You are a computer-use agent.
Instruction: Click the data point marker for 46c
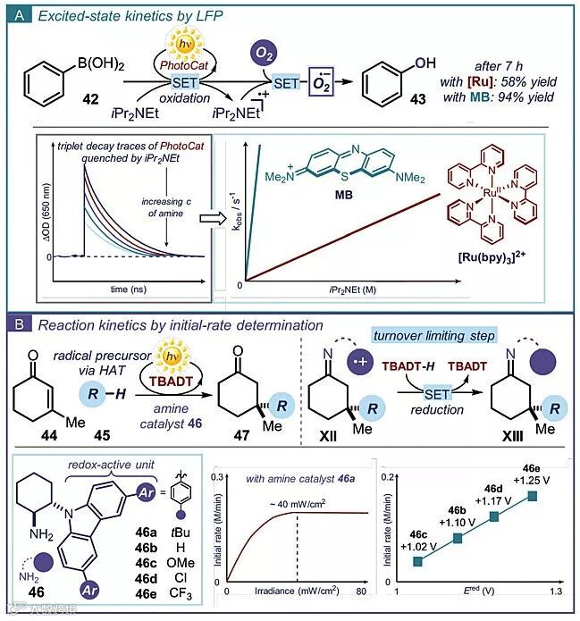click(417, 561)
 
